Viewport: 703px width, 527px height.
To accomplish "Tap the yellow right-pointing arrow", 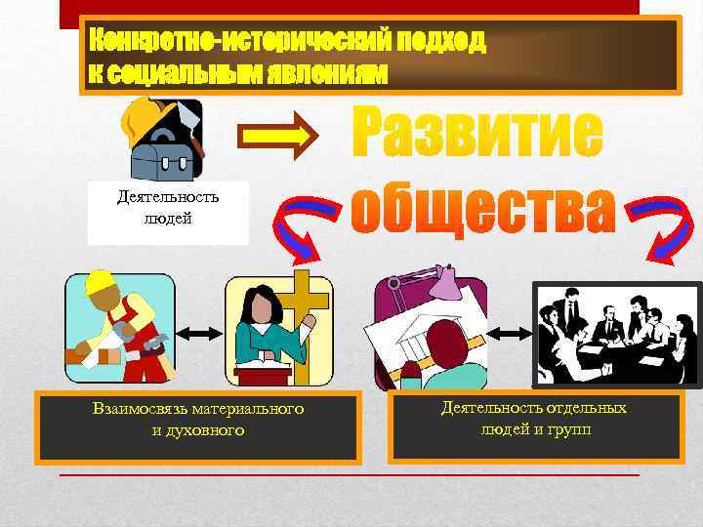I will (284, 138).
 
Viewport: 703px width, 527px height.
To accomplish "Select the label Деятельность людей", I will (168, 208).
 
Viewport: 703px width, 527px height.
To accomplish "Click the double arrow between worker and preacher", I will (199, 334).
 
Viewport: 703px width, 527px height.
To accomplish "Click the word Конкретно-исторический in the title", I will (234, 41).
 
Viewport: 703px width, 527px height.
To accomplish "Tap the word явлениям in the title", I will (312, 72).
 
